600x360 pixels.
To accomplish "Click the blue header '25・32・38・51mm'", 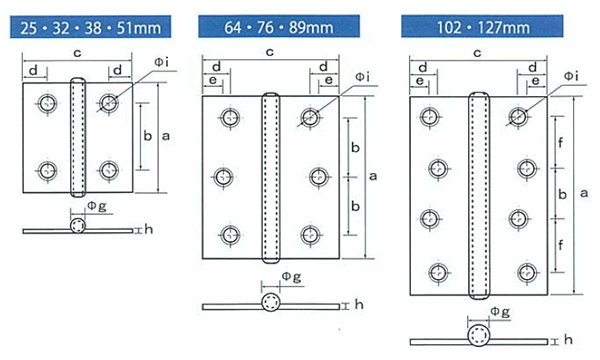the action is pos(90,27).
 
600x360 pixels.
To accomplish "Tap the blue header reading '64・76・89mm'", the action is pos(279,26).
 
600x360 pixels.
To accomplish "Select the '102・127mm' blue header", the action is pos(482,26).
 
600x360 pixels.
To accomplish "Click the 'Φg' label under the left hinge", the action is pos(97,206).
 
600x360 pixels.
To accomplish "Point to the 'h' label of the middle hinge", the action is pos(359,305).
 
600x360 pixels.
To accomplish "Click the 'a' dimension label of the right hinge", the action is pos(584,193).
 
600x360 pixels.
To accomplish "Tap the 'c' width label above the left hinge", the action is pos(77,53).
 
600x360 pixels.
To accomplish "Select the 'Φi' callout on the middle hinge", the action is pos(362,77).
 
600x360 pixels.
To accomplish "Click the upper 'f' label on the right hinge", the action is pos(561,143).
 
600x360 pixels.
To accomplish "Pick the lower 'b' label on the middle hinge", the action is pos(355,206).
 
